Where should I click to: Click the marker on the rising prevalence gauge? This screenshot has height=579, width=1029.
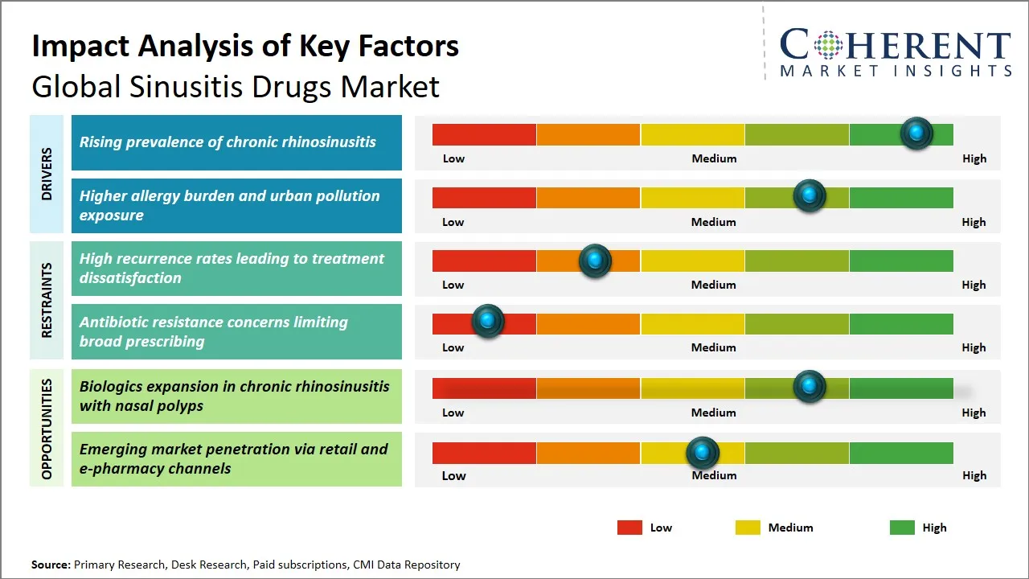click(x=916, y=133)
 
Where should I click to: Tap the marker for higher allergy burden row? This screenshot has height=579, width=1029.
click(x=809, y=196)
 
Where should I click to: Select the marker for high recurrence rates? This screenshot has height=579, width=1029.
click(x=595, y=261)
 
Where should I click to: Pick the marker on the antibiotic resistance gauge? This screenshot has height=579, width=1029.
click(x=487, y=322)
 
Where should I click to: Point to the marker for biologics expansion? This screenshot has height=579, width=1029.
click(x=809, y=387)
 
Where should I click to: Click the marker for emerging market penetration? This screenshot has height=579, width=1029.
click(x=703, y=454)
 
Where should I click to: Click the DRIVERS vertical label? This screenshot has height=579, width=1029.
click(x=47, y=174)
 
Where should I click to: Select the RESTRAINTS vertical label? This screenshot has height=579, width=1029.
click(x=47, y=300)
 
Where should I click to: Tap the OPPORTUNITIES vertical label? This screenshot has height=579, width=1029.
click(x=47, y=429)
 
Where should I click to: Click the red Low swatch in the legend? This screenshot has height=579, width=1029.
click(x=629, y=528)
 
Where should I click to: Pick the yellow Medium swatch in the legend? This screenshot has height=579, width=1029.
click(x=748, y=528)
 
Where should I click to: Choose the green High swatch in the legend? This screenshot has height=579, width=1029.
click(x=902, y=528)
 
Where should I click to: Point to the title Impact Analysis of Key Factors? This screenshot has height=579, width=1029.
click(x=245, y=46)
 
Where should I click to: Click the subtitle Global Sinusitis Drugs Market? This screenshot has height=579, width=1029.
click(x=236, y=86)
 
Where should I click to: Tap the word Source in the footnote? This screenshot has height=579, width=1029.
click(x=50, y=565)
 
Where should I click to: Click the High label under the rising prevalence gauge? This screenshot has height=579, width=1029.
click(x=974, y=158)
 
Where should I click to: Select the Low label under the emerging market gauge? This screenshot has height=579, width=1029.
click(x=453, y=475)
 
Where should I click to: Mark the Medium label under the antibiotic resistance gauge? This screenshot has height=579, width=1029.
click(x=713, y=347)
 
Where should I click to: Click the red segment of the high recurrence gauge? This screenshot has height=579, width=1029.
click(x=484, y=261)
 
